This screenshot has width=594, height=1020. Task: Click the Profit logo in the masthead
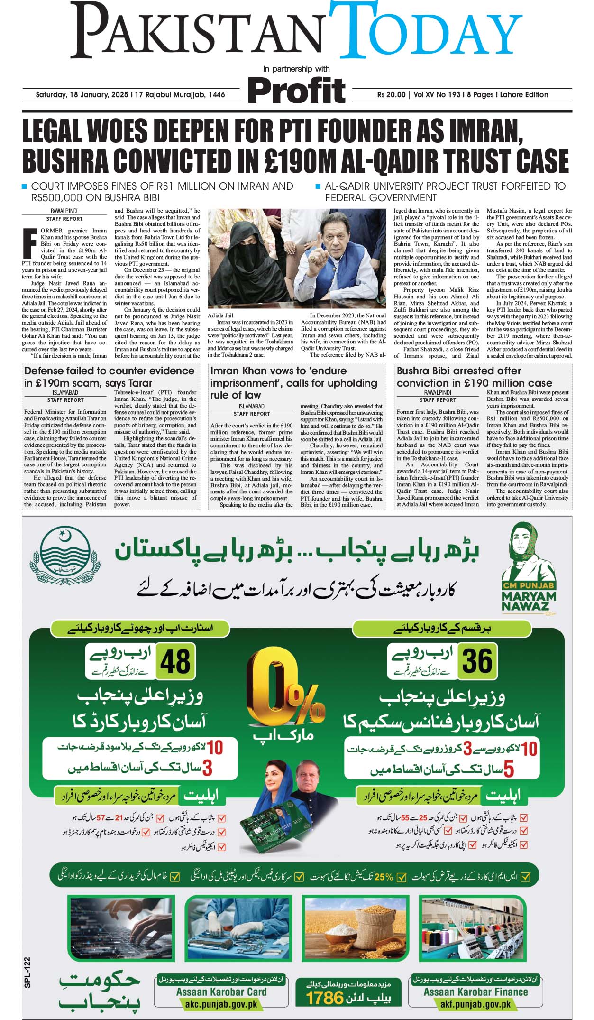297,90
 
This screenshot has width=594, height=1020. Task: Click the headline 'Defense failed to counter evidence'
109,371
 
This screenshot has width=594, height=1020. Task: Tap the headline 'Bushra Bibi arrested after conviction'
458,371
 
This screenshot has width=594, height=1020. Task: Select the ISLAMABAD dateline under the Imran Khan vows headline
251,407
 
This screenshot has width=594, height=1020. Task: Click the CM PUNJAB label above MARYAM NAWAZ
528,585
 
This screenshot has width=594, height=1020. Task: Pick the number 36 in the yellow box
477,660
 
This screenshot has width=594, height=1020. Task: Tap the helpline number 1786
324,998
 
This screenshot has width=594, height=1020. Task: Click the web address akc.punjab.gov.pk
219,1004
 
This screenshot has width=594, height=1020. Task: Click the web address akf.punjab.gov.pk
475,1004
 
